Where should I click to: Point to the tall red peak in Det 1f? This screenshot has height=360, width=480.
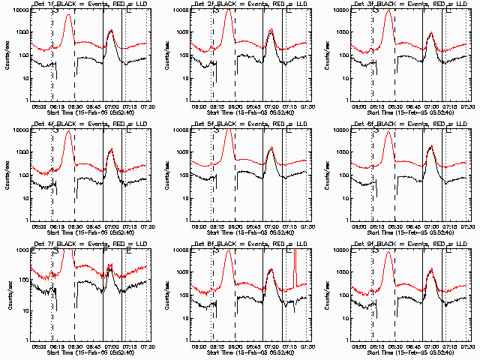coord(68,15)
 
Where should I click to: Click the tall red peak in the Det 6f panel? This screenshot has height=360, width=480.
coord(388,133)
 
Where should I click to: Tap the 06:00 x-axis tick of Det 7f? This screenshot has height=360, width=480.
coord(38,346)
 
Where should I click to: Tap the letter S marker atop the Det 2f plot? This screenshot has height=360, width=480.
coord(216,10)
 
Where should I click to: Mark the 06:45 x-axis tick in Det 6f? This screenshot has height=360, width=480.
coord(411,226)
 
